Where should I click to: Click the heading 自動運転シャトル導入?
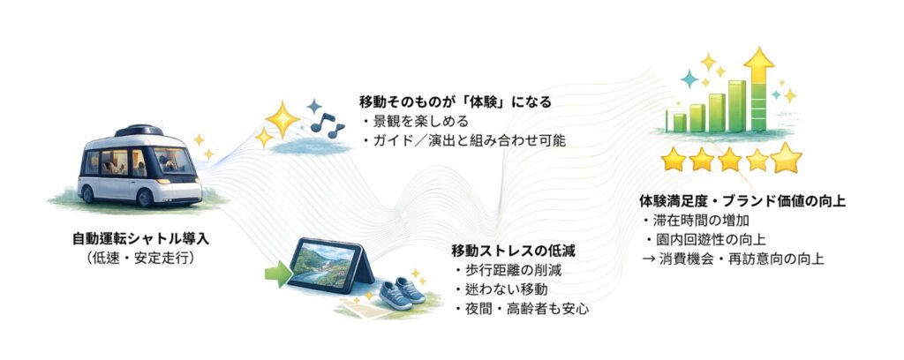[140, 238]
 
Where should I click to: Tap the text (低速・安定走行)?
[140, 259]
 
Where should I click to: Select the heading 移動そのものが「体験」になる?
[455, 102]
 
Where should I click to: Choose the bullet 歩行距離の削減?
[507, 270]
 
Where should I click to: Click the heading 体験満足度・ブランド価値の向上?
[742, 201]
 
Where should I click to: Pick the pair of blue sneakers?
[403, 293]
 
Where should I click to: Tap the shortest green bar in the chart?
[680, 122]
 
